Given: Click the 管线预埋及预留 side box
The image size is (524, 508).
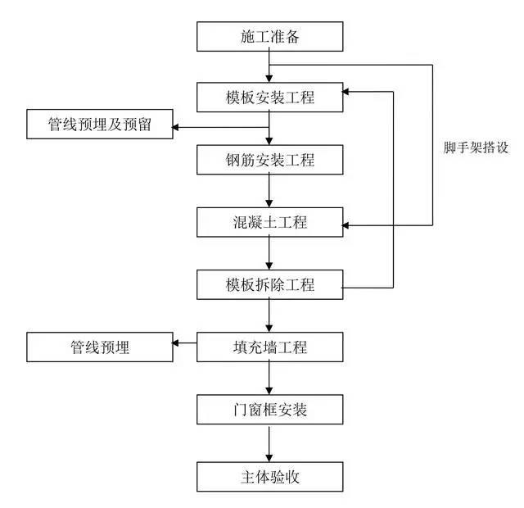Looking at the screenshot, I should pos(100,126).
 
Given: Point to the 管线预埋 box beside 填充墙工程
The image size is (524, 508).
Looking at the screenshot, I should pos(100,347).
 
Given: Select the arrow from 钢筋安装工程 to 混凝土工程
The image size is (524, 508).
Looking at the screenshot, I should pos(269,191).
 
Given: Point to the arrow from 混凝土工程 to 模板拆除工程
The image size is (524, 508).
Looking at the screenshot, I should pos(269,254).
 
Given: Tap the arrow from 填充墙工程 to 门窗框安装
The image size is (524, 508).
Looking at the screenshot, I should pos(269,379).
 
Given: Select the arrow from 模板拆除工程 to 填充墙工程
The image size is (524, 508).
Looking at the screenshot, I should pos(269,316).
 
